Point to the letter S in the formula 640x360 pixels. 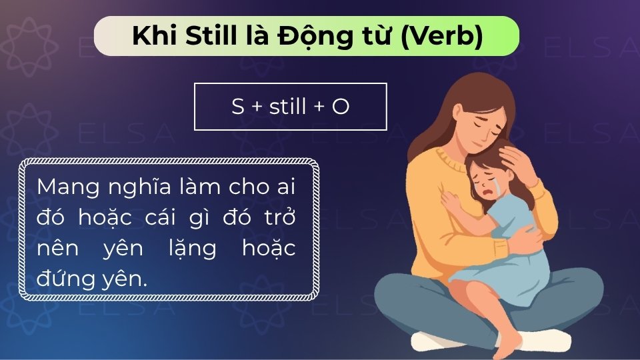tap(238, 107)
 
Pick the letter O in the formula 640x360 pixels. tap(340, 107)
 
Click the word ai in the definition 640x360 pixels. tap(283, 188)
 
